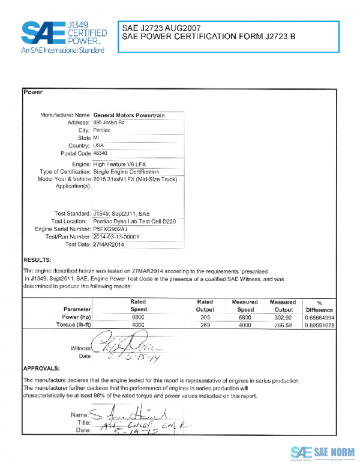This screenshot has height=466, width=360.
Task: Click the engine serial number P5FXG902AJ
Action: [x=111, y=229]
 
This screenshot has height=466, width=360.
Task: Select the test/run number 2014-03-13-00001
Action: [x=116, y=237]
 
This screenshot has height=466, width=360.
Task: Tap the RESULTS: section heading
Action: [x=37, y=259]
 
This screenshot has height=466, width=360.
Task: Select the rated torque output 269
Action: [x=205, y=324]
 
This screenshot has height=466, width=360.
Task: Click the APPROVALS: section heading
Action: [x=41, y=368]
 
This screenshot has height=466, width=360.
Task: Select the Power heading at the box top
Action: [x=32, y=92]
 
